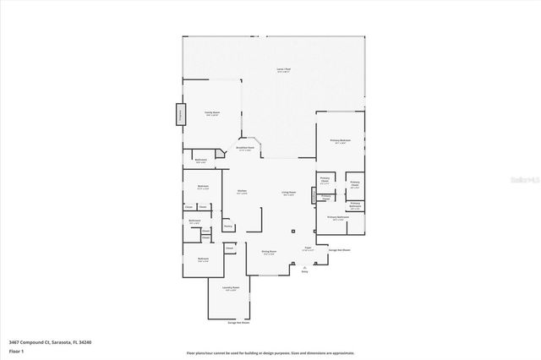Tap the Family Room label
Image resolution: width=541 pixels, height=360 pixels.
click(x=211, y=113)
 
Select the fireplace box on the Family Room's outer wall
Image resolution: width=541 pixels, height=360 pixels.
click(x=179, y=114)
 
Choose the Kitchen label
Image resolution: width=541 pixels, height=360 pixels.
click(x=242, y=192)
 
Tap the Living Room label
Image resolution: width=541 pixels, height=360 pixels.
click(x=288, y=194)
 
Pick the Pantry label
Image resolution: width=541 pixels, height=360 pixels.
click(x=228, y=226)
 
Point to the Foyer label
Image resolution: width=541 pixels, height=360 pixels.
click(x=309, y=248)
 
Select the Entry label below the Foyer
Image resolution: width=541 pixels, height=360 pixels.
click(x=305, y=271)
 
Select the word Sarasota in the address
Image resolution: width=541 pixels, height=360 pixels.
click(x=63, y=341)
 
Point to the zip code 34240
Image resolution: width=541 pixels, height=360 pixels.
click(x=85, y=341)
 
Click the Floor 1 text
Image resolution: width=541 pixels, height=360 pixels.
click(x=15, y=350)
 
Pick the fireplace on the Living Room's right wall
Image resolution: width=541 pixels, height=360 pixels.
click(x=314, y=194)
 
